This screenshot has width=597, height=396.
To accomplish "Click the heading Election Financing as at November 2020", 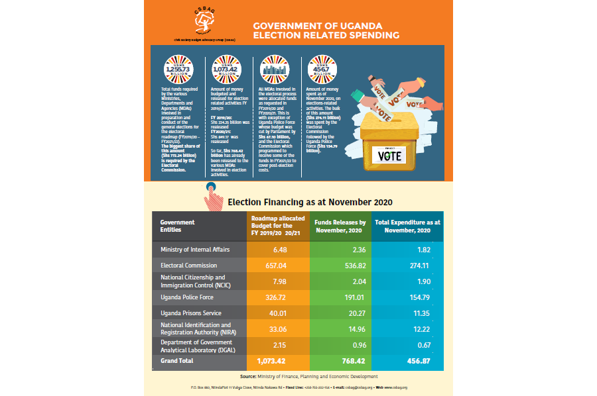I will (310, 201).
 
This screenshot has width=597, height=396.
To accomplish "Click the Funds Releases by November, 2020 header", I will (340, 226).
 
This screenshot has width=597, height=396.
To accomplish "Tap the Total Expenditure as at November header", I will (408, 226).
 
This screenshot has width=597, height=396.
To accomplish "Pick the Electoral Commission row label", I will (189, 265).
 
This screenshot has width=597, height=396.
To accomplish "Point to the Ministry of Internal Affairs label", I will (195, 250).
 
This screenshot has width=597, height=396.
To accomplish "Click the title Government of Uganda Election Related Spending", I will (326, 30).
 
